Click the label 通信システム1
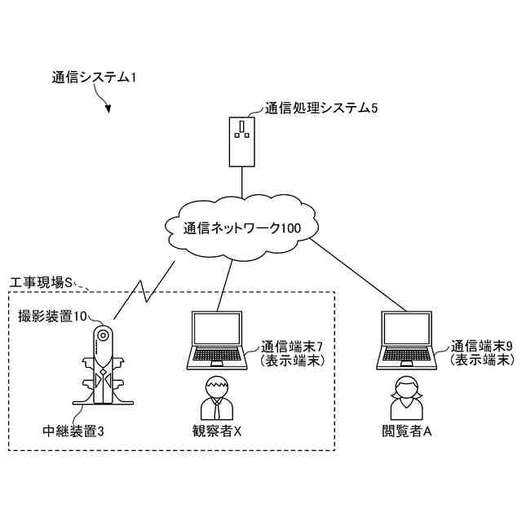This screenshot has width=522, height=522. coord(94,77)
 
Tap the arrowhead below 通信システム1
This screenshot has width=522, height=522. coord(108,108)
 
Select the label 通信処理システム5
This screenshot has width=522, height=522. coord(321,108)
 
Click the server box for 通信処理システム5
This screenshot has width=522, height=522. coord(242,141)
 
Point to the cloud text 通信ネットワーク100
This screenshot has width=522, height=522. coord(242,228)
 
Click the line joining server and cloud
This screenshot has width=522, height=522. coord(242,182)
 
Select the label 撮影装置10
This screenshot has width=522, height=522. coord(52,316)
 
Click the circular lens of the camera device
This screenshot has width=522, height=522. coord(103,335)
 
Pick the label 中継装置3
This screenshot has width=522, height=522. coord(73,431)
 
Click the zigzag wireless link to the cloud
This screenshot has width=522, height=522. coord(144,290)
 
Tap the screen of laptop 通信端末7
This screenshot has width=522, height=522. coord(217,329)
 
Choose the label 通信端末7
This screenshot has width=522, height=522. coord(292,347)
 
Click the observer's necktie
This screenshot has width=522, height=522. coord(217,409)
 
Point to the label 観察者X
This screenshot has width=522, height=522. coord(217,431)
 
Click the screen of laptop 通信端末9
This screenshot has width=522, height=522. coord(406,329)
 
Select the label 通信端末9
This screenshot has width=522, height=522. coord(481,347)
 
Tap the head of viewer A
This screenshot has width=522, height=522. coord(406,387)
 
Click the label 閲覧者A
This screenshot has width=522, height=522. coord(406,431)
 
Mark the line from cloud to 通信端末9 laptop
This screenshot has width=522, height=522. coord(358,275)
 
